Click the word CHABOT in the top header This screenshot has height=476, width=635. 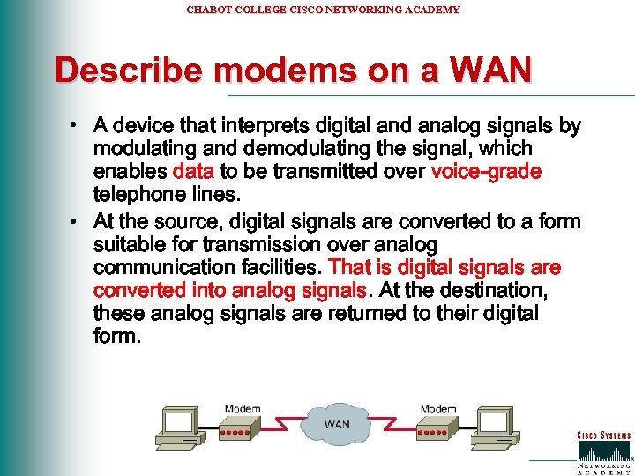pyautogui.click(x=208, y=10)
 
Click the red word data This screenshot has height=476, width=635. pyautogui.click(x=193, y=171)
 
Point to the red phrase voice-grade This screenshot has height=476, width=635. pyautogui.click(x=486, y=171)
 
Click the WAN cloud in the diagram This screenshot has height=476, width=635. pyautogui.click(x=336, y=424)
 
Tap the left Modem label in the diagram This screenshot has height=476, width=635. pyautogui.click(x=242, y=408)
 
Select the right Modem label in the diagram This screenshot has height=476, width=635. pyautogui.click(x=438, y=408)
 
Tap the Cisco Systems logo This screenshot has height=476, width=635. pyautogui.click(x=603, y=448)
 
